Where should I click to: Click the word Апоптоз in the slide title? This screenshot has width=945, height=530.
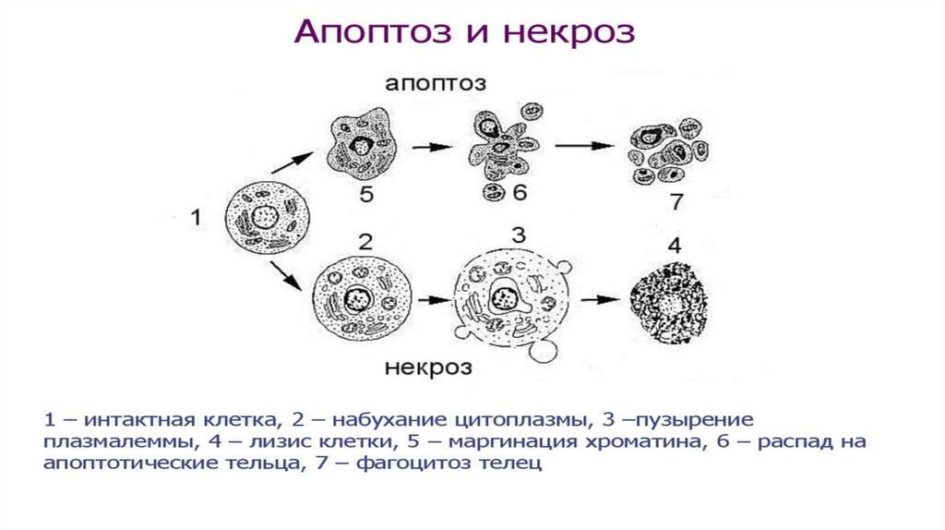point(364,32)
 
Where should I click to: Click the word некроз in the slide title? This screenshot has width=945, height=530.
point(569,32)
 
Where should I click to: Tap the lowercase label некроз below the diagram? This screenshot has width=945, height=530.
point(425,367)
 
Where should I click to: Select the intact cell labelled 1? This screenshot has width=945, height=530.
point(268,218)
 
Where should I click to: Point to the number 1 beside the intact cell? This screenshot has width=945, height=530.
point(196,219)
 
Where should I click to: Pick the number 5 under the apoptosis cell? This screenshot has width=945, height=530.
point(368,193)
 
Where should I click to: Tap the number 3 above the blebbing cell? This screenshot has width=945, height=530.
point(518,235)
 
